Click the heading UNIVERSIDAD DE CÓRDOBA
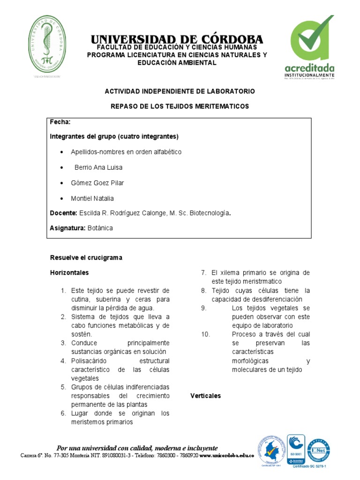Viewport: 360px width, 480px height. pos(177,39)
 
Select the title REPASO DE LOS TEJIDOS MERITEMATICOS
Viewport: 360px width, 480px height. pos(180,106)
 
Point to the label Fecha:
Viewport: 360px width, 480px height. pos(60,122)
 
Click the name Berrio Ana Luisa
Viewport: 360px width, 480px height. pos(98,167)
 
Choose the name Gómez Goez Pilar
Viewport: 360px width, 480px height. pos(97,183)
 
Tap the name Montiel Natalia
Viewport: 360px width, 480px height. pos(92,198)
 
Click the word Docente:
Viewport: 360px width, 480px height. pos(64,213)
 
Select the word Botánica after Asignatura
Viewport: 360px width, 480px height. pos(99,228)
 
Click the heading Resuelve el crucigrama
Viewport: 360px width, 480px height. pos(86,257)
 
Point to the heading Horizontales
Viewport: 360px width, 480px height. pos(69,272)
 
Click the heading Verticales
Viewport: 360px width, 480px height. pos(205,396)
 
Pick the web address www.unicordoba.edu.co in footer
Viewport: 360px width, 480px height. pos(226,455)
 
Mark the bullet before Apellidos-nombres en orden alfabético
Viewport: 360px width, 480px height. pos(62,152)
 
